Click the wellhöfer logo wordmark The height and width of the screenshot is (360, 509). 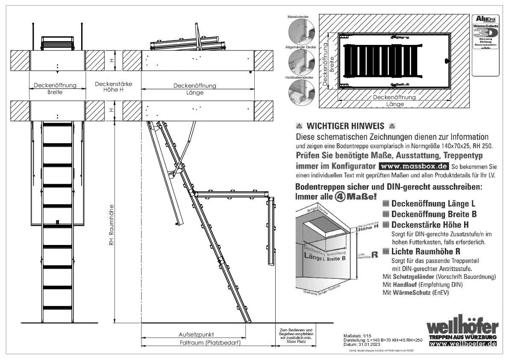pyautogui.click(x=463, y=327)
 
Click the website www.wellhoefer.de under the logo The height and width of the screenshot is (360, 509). pyautogui.click(x=463, y=345)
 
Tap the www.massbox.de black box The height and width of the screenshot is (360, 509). pyautogui.click(x=413, y=165)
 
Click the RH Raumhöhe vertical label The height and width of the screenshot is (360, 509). pyautogui.click(x=111, y=223)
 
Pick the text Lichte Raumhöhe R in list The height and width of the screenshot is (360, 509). pyautogui.click(x=426, y=251)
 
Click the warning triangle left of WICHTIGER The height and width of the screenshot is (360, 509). pyautogui.click(x=299, y=127)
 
